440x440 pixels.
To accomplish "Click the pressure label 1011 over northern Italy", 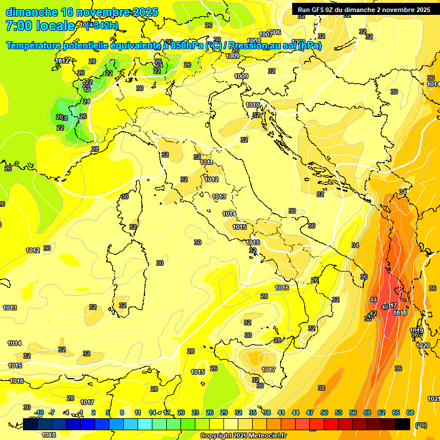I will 206,163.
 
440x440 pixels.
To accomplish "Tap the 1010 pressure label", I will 253,105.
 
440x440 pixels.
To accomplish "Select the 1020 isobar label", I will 422,345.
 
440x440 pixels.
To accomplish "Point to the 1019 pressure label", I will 417,331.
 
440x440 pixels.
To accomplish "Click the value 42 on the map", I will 372,314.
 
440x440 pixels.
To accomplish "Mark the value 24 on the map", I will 87,101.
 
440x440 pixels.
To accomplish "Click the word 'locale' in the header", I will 56,26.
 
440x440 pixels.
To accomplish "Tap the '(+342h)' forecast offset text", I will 101,25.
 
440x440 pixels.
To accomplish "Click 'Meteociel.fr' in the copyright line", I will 266,436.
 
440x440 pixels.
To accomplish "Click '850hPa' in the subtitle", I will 187,46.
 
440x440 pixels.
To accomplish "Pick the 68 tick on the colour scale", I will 410,412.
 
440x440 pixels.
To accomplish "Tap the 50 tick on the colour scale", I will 324,412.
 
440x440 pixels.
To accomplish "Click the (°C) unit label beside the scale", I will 421,425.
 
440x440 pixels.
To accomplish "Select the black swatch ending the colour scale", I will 403,425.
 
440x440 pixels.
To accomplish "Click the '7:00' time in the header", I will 18,26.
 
